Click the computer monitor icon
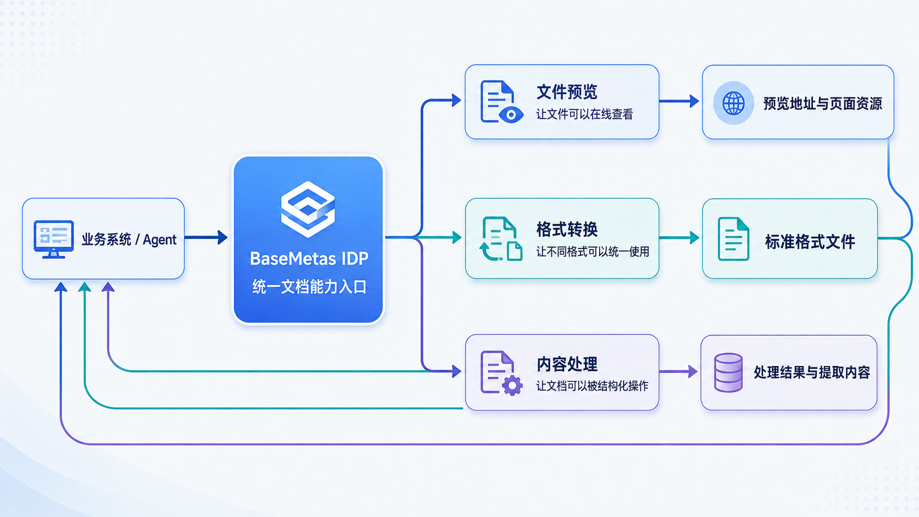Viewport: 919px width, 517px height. (x=53, y=240)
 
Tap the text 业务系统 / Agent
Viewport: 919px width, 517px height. (x=129, y=240)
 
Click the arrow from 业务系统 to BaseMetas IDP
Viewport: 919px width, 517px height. (x=206, y=237)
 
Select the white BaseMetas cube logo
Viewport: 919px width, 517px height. (x=308, y=209)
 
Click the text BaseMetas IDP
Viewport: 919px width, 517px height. (x=309, y=259)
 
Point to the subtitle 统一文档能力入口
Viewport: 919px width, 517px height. (x=309, y=287)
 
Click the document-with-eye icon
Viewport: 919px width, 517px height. (x=502, y=102)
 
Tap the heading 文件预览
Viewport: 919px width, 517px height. (x=567, y=92)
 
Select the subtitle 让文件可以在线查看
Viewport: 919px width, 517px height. (x=585, y=114)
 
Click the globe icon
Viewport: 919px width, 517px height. (x=733, y=103)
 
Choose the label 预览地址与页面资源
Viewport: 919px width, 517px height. (x=822, y=103)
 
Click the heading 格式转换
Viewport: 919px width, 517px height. (x=567, y=229)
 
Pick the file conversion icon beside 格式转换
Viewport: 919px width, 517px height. (x=501, y=239)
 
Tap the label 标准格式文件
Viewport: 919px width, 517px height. (x=810, y=242)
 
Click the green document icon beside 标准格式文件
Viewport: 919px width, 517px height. (x=734, y=239)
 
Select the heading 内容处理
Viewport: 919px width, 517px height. (x=567, y=364)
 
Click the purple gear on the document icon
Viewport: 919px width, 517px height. (x=512, y=385)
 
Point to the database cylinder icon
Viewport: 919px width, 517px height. (x=728, y=373)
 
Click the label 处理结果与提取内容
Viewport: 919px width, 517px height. (x=812, y=373)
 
